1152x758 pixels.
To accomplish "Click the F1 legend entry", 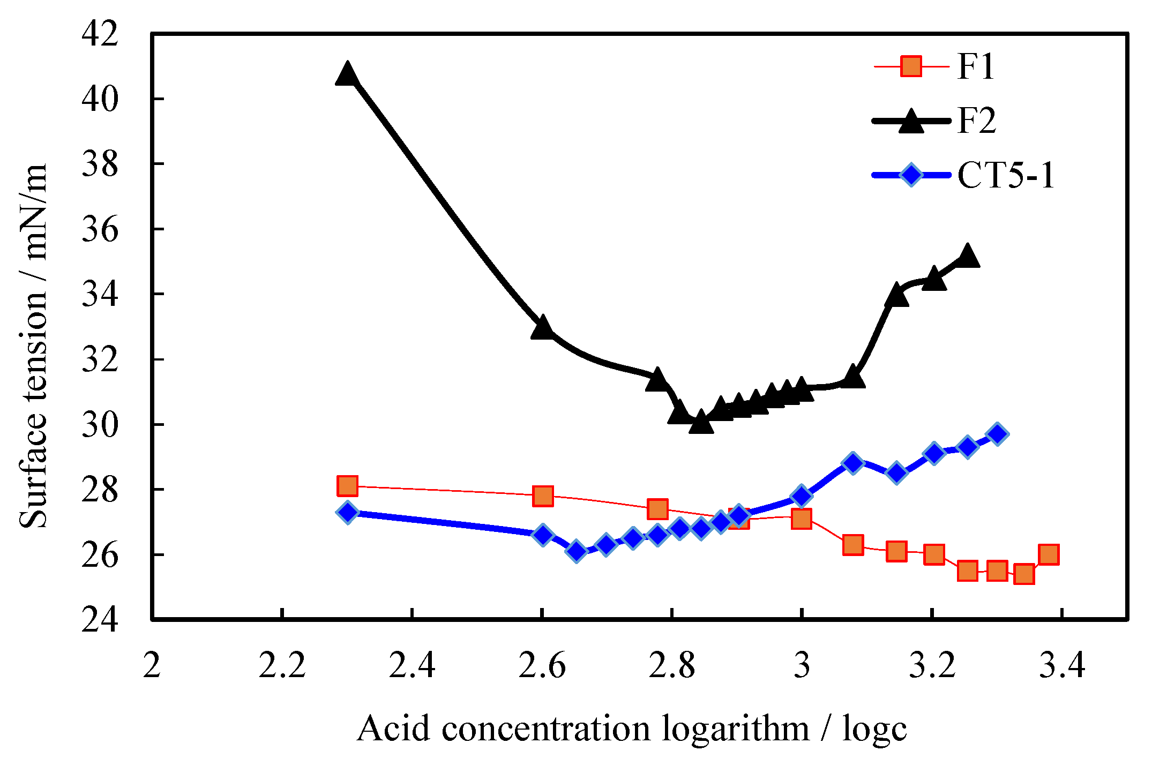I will [x=975, y=67].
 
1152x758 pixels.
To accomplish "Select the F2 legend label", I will [x=976, y=121].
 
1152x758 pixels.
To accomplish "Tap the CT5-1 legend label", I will [x=1006, y=175].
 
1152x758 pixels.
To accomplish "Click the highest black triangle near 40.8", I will [x=347, y=74].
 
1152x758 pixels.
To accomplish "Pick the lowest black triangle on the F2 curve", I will [x=701, y=423].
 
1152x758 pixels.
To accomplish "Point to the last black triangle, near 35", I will [x=967, y=256].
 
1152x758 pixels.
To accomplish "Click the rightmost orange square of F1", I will [x=1049, y=554].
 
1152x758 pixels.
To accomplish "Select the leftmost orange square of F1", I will [x=347, y=486].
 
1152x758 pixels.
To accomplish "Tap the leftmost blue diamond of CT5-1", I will [x=347, y=512].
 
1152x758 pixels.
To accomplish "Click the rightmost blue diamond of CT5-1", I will [x=997, y=434].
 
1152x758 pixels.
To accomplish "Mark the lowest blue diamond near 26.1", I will [x=577, y=551].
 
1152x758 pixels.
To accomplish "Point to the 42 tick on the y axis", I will [x=100, y=34].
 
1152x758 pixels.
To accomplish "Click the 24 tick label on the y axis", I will [x=100, y=620].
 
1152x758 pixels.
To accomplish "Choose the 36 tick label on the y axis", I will [x=100, y=229].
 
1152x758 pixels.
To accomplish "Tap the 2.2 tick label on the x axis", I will [x=282, y=666].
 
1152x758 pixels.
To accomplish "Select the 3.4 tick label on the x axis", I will [x=1062, y=666].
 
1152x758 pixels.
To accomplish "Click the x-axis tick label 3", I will [x=802, y=666].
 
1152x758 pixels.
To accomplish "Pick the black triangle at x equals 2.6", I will [x=542, y=328].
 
